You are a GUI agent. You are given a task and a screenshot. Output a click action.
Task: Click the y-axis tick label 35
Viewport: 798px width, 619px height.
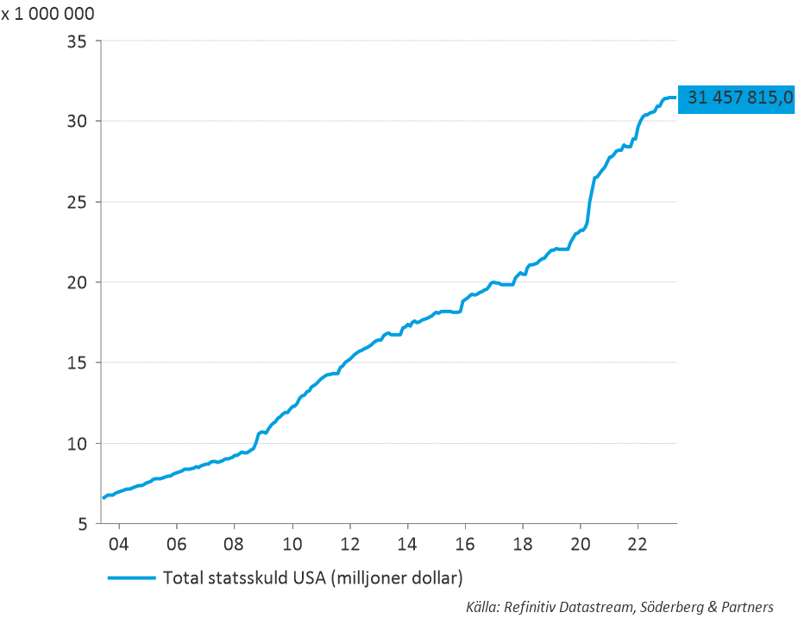(x=78, y=41)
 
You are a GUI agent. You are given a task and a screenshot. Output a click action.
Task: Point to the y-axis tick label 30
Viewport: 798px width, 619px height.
(x=78, y=121)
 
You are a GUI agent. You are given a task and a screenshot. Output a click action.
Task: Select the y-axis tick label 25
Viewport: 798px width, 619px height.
(x=78, y=202)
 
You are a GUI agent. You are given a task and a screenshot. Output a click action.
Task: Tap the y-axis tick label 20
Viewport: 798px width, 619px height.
(x=78, y=282)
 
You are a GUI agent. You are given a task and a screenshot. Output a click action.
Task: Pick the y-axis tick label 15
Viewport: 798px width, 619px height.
(x=78, y=363)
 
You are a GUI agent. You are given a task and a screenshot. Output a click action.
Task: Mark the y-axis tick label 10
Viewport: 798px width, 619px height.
(x=78, y=443)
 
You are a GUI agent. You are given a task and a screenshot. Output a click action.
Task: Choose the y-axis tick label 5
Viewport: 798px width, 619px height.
(x=83, y=524)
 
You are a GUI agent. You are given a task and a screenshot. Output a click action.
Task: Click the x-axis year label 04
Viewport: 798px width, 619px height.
(x=119, y=546)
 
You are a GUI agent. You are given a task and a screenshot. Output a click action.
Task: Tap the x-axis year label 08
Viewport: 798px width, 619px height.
(x=235, y=546)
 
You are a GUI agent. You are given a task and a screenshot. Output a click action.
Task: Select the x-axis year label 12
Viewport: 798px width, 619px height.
(x=350, y=546)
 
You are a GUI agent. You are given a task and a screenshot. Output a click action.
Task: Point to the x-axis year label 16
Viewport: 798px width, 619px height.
(x=465, y=546)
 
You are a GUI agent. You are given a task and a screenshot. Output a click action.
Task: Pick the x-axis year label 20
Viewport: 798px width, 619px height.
(x=581, y=546)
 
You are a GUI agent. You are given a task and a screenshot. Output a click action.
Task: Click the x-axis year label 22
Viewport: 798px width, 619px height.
(x=638, y=546)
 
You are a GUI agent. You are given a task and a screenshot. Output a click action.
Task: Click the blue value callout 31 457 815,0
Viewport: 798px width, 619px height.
(x=738, y=98)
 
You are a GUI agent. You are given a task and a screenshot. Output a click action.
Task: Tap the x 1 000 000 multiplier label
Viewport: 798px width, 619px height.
(x=47, y=14)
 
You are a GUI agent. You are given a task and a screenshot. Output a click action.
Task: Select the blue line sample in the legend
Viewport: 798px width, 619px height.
(x=131, y=577)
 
